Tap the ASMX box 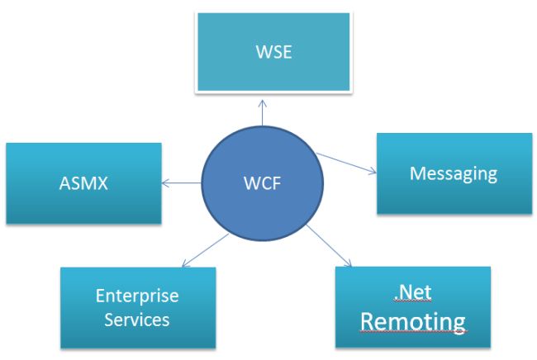83,182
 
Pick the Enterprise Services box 137,307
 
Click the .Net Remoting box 412,306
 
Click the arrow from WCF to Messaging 347,163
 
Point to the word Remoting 412,320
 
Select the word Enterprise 137,296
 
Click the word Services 137,320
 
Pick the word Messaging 454,173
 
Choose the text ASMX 83,182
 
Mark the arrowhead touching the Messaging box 373,172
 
